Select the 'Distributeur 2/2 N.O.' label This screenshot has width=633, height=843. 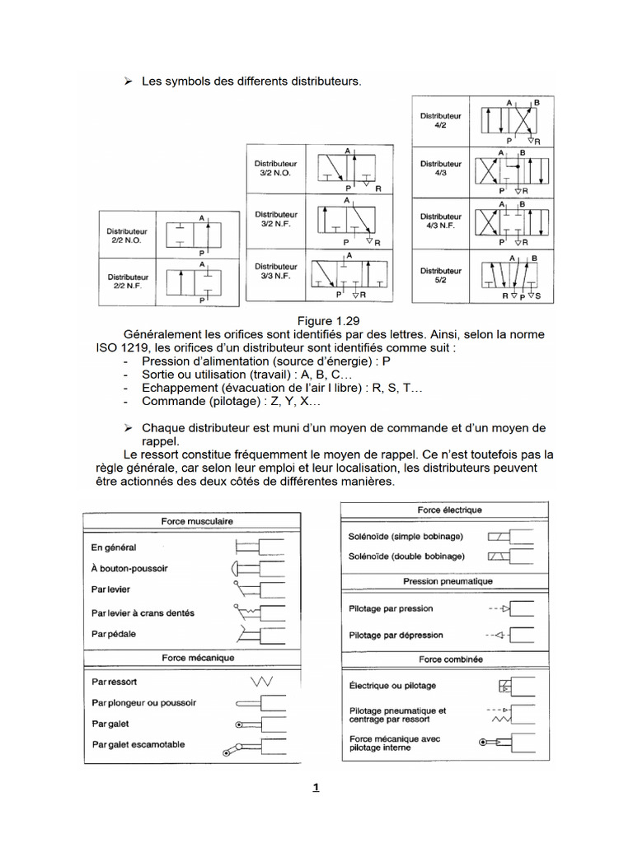[x=127, y=236]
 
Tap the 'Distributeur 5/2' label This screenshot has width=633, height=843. [x=441, y=275]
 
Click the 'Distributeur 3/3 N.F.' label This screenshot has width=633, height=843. [x=275, y=272]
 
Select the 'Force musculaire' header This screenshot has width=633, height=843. [x=197, y=521]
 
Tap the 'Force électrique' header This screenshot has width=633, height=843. [x=449, y=510]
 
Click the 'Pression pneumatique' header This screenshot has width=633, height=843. [x=448, y=581]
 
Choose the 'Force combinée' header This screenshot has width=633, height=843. [x=448, y=659]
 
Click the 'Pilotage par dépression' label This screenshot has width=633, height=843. [x=396, y=636]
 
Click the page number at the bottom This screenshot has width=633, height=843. [x=315, y=788]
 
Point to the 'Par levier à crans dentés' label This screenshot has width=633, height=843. [x=143, y=613]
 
